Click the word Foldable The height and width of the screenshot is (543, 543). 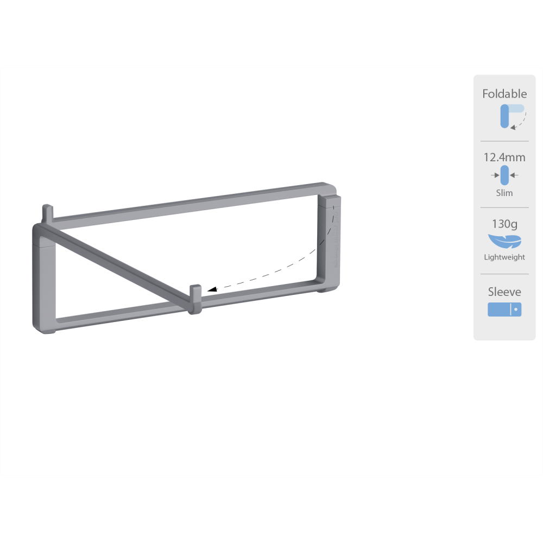coord(504,94)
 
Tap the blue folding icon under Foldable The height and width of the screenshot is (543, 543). coord(505,116)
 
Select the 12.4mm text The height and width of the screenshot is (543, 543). coord(504,158)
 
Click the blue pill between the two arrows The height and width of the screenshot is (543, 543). coord(504,175)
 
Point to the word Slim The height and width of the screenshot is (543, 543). coord(504,193)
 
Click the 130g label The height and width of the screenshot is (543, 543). coord(504,223)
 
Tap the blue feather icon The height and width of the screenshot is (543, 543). coord(504,241)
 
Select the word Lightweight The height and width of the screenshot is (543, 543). coord(504,257)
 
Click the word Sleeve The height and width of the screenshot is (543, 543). coord(504,292)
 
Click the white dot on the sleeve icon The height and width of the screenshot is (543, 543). coord(516,310)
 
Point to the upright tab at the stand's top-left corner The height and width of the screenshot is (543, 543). coord(47,212)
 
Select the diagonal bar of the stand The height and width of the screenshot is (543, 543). coord(119,266)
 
